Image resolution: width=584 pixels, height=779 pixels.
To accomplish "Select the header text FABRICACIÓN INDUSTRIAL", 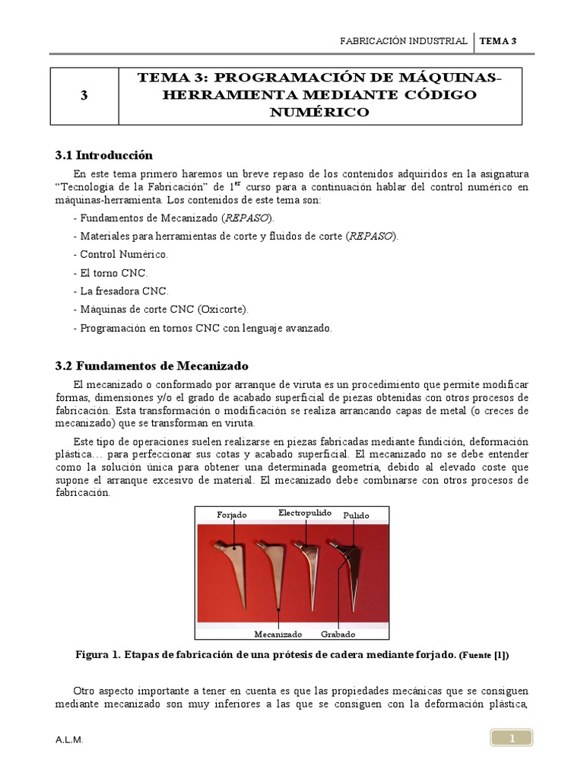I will pyautogui.click(x=403, y=42).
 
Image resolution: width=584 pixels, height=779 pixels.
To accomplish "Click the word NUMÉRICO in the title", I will pyautogui.click(x=320, y=113).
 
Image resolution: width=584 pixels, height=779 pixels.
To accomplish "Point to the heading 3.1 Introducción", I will pyautogui.click(x=103, y=155).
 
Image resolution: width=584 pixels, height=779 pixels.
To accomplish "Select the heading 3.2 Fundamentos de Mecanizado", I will pyautogui.click(x=151, y=366).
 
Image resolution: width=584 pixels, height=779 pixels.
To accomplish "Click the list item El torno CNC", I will pyautogui.click(x=110, y=272).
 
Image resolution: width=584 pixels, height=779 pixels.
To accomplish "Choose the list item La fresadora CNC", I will pyautogui.click(x=121, y=291).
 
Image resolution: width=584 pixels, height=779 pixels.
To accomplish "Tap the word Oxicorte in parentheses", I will pyautogui.click(x=227, y=310).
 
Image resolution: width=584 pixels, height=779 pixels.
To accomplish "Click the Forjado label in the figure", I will pyautogui.click(x=232, y=515).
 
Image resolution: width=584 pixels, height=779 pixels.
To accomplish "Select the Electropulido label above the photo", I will pyautogui.click(x=304, y=513).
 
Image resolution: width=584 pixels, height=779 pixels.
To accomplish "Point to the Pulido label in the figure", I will pyautogui.click(x=356, y=515).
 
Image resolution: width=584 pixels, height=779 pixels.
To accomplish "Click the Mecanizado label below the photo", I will pyautogui.click(x=278, y=634).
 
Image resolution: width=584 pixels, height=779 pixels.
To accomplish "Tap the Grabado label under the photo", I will pyautogui.click(x=338, y=634).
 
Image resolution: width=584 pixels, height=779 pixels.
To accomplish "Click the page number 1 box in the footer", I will pyautogui.click(x=512, y=738).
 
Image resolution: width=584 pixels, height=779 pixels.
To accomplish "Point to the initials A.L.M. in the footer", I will pyautogui.click(x=69, y=739).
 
